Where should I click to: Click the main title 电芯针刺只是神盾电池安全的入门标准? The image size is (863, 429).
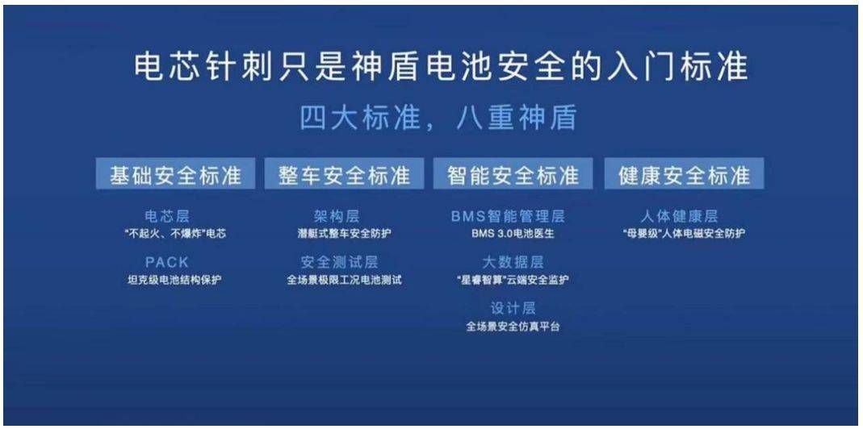click(441, 67)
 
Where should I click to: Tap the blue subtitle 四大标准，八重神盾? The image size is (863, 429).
click(438, 118)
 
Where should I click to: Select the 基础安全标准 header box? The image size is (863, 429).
click(175, 174)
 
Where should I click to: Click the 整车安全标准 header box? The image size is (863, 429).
click(345, 174)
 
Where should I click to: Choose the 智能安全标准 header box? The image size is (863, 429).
click(513, 174)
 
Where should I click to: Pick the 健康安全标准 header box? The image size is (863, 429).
click(684, 174)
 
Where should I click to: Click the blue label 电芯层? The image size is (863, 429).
click(167, 216)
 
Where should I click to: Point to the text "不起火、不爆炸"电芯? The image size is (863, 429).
click(175, 233)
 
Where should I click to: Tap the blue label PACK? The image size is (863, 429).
click(167, 262)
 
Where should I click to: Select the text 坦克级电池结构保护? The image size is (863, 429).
click(174, 280)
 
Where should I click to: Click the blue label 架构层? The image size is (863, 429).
click(337, 216)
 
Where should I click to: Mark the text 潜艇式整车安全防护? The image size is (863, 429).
click(345, 233)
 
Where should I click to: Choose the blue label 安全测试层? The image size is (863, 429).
click(340, 262)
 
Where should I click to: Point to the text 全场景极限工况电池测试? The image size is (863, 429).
click(344, 280)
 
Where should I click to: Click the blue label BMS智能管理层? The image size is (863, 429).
click(508, 216)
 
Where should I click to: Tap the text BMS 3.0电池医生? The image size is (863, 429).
click(513, 233)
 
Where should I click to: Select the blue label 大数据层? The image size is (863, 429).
click(513, 262)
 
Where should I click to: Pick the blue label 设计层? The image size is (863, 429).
click(513, 308)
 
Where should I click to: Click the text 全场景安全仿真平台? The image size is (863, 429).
click(513, 326)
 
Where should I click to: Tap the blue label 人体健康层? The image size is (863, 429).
click(679, 216)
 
